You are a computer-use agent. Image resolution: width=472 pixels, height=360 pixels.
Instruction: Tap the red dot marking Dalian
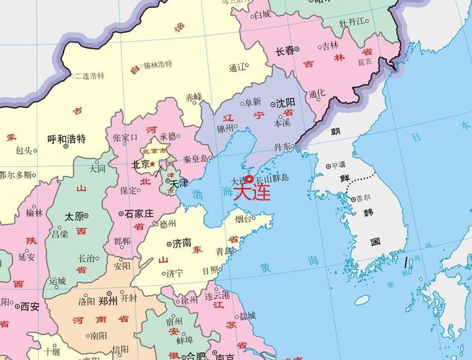pos(249,179)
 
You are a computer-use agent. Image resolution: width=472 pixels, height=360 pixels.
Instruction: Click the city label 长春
pos(285,51)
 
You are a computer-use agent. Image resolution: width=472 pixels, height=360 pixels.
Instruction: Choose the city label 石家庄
pos(138,214)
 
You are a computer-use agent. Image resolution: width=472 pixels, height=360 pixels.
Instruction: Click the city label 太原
pos(74,216)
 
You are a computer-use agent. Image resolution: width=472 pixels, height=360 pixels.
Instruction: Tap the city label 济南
pos(182,243)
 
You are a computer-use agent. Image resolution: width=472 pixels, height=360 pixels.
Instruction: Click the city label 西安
pos(30,306)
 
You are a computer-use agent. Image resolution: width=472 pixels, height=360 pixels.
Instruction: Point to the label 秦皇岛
pos(197,158)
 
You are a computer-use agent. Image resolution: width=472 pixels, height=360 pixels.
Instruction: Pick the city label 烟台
pos(244,218)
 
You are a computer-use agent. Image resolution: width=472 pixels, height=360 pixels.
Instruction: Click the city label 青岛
pos(225,251)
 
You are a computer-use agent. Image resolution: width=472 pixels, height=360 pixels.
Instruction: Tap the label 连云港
pos(216,295)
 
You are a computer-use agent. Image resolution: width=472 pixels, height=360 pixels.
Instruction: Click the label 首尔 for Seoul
pos(362,197)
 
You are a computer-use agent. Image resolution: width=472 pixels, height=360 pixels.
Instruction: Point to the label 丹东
pos(283,148)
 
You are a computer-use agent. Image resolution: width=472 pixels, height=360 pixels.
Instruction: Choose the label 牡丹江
pos(355,22)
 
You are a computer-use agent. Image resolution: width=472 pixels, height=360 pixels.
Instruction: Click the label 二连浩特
pos(89,76)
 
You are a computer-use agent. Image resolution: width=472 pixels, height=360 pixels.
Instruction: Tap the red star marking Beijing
pos(153,163)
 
